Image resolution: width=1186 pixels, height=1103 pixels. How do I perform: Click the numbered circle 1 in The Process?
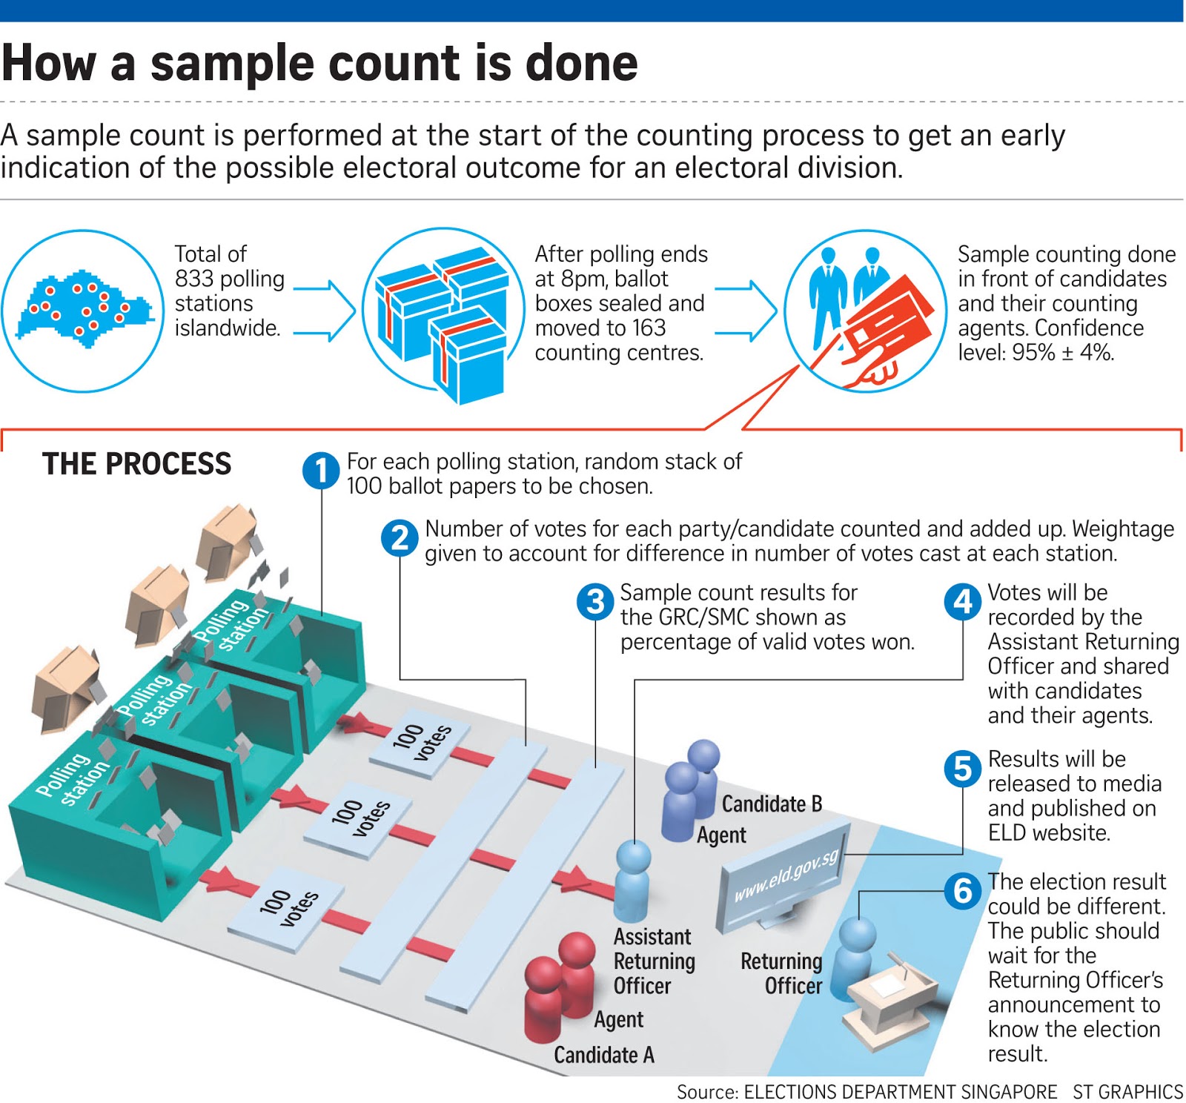pyautogui.click(x=321, y=471)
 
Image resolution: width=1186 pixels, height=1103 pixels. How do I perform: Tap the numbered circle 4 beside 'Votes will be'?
pyautogui.click(x=962, y=601)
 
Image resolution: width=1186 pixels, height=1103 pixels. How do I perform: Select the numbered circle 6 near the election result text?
pyautogui.click(x=962, y=890)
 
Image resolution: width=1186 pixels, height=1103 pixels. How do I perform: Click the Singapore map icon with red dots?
pyautogui.click(x=82, y=310)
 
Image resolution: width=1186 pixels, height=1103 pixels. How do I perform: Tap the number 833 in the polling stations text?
pyautogui.click(x=195, y=279)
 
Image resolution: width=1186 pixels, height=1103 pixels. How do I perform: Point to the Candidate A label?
pyautogui.click(x=603, y=1055)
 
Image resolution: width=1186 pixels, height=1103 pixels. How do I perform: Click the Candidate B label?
pyautogui.click(x=771, y=804)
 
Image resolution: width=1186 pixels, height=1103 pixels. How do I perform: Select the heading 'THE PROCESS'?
pyautogui.click(x=136, y=464)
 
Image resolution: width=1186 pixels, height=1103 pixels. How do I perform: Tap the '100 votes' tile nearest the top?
pyautogui.click(x=421, y=741)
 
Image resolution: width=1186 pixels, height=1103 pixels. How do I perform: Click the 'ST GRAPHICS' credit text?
pyautogui.click(x=1127, y=1092)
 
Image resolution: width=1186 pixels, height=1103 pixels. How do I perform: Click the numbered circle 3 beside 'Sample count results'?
pyautogui.click(x=595, y=601)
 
